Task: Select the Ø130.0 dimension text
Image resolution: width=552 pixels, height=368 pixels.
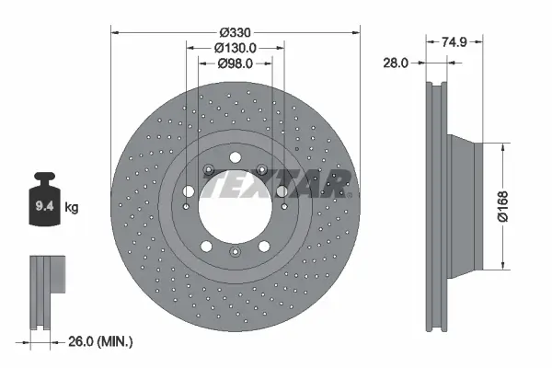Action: (x=236, y=47)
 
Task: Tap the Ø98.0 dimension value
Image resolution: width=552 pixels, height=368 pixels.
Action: (x=236, y=63)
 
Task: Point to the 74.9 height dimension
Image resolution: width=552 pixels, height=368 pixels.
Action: (x=449, y=40)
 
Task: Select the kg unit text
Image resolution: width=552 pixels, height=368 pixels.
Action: (x=72, y=208)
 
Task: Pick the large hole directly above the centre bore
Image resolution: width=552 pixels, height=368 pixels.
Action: (x=235, y=157)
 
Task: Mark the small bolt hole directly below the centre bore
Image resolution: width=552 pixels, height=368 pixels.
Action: (x=235, y=253)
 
